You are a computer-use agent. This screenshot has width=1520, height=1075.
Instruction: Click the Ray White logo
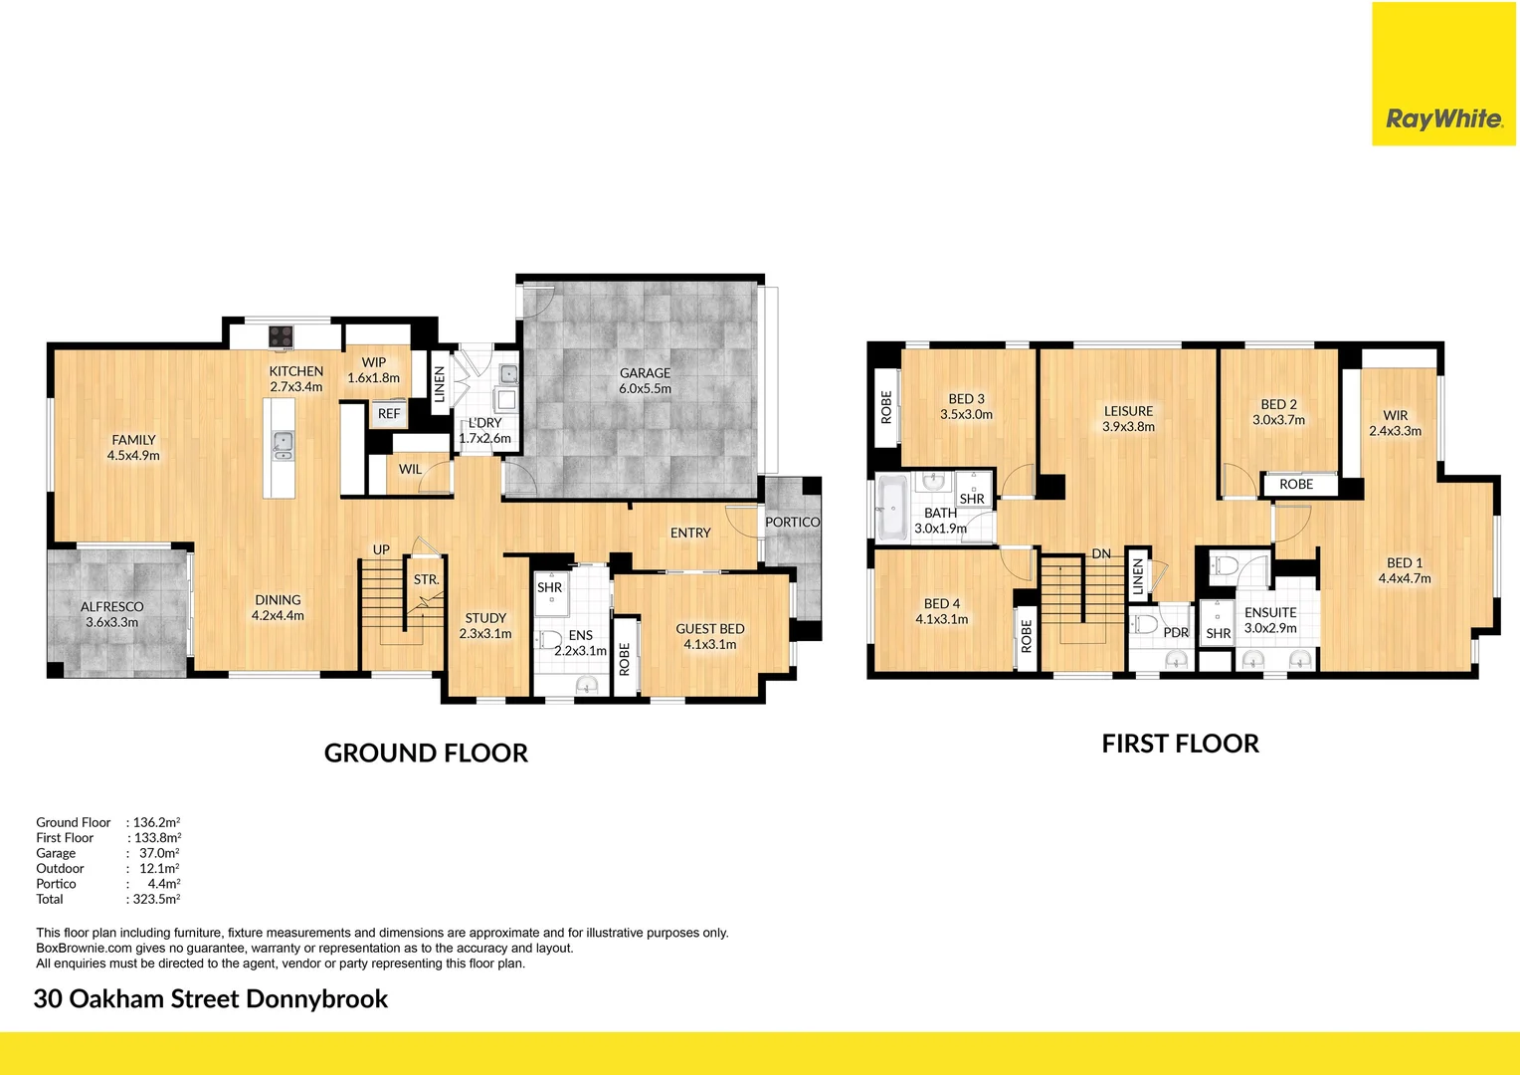pyautogui.click(x=1443, y=118)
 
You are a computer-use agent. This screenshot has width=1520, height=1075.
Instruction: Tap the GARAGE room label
pyautogui.click(x=645, y=373)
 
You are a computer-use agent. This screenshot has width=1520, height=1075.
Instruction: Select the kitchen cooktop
pyautogui.click(x=282, y=336)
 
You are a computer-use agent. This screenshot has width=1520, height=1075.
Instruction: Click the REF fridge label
pyautogui.click(x=389, y=414)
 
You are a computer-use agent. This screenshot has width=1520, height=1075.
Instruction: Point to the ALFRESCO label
pyautogui.click(x=111, y=606)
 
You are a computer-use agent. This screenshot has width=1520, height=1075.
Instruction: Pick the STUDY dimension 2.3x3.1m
pyautogui.click(x=485, y=634)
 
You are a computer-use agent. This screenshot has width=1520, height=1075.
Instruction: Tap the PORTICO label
pyautogui.click(x=792, y=522)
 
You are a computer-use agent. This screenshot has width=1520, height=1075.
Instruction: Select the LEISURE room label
pyautogui.click(x=1128, y=411)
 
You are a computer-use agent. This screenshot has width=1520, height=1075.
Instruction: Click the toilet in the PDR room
pyautogui.click(x=1146, y=625)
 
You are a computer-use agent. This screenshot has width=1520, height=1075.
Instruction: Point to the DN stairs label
pyautogui.click(x=1101, y=554)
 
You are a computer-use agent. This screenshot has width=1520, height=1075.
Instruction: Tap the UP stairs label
pyautogui.click(x=381, y=549)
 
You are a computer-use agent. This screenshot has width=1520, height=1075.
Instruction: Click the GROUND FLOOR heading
pyautogui.click(x=426, y=753)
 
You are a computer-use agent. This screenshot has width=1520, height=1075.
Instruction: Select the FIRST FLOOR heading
pyautogui.click(x=1180, y=745)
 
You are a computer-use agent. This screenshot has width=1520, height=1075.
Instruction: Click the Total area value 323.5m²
pyautogui.click(x=156, y=899)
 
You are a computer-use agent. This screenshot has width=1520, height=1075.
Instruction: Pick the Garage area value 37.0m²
pyautogui.click(x=159, y=853)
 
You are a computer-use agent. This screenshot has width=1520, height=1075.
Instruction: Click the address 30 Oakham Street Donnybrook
pyautogui.click(x=211, y=999)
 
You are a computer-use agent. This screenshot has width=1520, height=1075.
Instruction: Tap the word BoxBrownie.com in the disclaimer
pyautogui.click(x=84, y=949)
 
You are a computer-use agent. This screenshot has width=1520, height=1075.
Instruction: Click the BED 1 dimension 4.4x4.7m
pyautogui.click(x=1404, y=578)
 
